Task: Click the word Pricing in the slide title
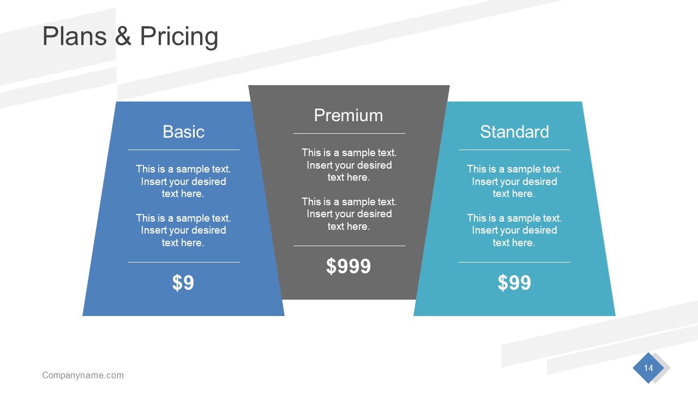coord(179,37)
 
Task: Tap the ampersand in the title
coord(123,37)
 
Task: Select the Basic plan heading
coord(183,132)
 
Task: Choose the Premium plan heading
coord(348,115)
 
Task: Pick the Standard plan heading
coord(514,132)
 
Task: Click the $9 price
coord(183,283)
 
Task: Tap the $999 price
coord(348,266)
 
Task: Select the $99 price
coord(514,283)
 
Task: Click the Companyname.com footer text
coord(83,375)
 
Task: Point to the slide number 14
coord(648,368)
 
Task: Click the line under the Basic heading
coord(183,150)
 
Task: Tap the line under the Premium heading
coord(349,133)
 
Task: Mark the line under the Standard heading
coord(514,150)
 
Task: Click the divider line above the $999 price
coord(349,246)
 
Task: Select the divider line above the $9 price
coord(183,262)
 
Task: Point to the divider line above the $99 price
coord(514,262)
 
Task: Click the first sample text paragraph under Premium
coord(349,165)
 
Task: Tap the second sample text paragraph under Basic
coord(183,230)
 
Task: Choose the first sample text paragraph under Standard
coord(514,181)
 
